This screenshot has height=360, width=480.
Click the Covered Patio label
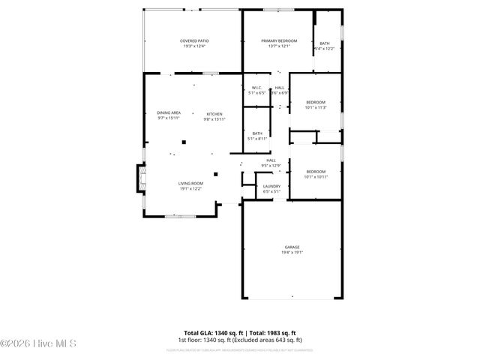click(x=194, y=40)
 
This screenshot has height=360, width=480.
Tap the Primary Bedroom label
click(x=279, y=40)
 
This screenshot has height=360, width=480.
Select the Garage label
click(x=292, y=247)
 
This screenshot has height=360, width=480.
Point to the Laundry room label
click(x=271, y=186)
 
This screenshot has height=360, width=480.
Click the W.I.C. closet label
click(x=256, y=88)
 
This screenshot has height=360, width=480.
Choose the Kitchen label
click(x=214, y=114)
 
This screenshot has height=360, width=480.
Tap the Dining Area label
click(x=169, y=112)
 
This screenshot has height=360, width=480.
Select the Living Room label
click(x=190, y=183)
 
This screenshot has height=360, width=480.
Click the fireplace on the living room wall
click(x=137, y=178)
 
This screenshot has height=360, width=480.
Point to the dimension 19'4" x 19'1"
click(x=292, y=253)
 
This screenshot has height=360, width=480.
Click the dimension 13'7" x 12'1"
click(x=279, y=46)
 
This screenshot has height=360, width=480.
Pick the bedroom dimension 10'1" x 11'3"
click(x=316, y=107)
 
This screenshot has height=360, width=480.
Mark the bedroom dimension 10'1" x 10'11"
click(x=316, y=177)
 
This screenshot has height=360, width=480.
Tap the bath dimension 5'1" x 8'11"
click(x=257, y=139)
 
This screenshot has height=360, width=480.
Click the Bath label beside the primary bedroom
click(x=325, y=43)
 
